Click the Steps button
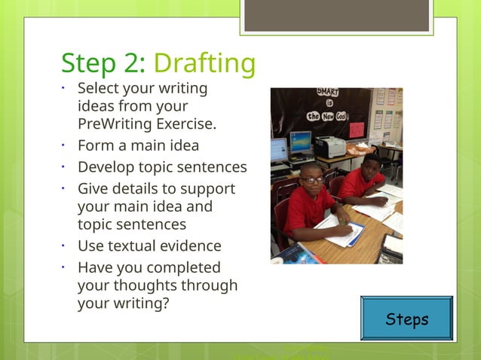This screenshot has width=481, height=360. (407, 319)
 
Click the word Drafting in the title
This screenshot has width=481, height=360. (204, 63)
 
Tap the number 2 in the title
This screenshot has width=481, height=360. (136, 63)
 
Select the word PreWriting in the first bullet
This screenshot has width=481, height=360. (114, 124)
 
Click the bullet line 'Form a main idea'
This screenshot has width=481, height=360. (138, 145)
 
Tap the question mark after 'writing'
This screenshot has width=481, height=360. (164, 304)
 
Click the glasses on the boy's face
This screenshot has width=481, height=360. (311, 180)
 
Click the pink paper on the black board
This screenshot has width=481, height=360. (357, 129)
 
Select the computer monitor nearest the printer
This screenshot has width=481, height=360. (300, 142)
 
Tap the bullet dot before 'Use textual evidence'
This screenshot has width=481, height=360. (65, 246)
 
